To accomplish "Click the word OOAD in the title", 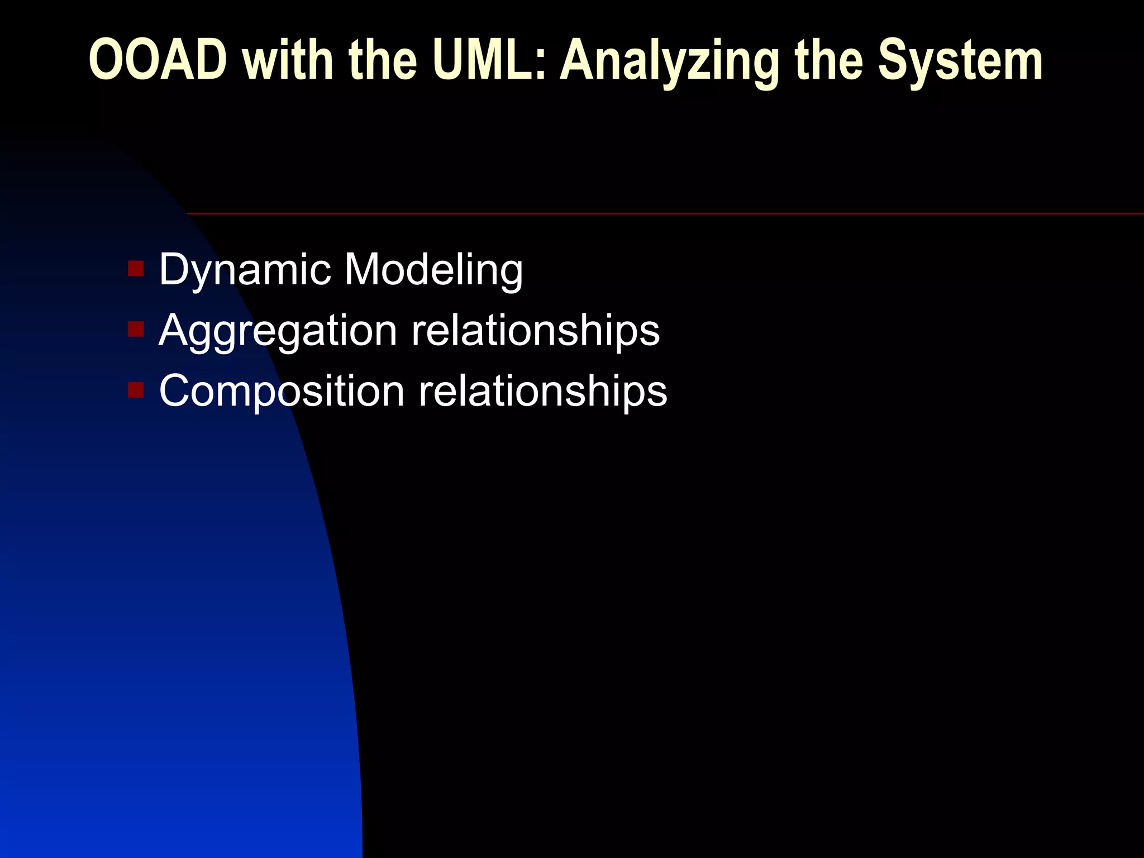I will tap(158, 60).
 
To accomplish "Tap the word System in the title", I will tap(960, 61).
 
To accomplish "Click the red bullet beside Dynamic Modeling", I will tap(136, 269).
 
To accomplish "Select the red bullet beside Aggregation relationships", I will tap(136, 329).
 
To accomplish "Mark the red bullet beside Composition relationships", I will tap(136, 389).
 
